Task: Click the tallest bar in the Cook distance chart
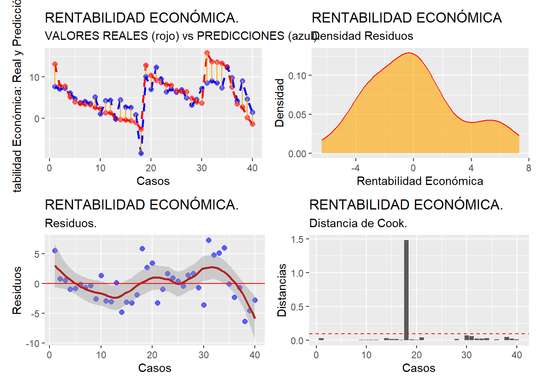click(406, 289)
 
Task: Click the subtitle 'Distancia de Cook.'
click(358, 223)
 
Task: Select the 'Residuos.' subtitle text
click(70, 223)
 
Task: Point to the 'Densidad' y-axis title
click(279, 103)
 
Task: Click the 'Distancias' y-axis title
click(282, 290)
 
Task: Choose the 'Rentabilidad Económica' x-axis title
click(419, 181)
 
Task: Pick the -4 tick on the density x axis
click(355, 168)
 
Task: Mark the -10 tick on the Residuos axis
click(33, 344)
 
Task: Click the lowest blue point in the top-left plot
click(141, 153)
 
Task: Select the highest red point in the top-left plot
click(207, 53)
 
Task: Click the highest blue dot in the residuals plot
click(209, 240)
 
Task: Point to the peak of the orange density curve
click(409, 53)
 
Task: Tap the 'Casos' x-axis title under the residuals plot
click(155, 368)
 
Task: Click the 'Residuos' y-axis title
click(17, 290)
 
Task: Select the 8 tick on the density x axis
click(528, 168)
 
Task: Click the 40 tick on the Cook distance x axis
click(516, 355)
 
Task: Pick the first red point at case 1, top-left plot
click(55, 64)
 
